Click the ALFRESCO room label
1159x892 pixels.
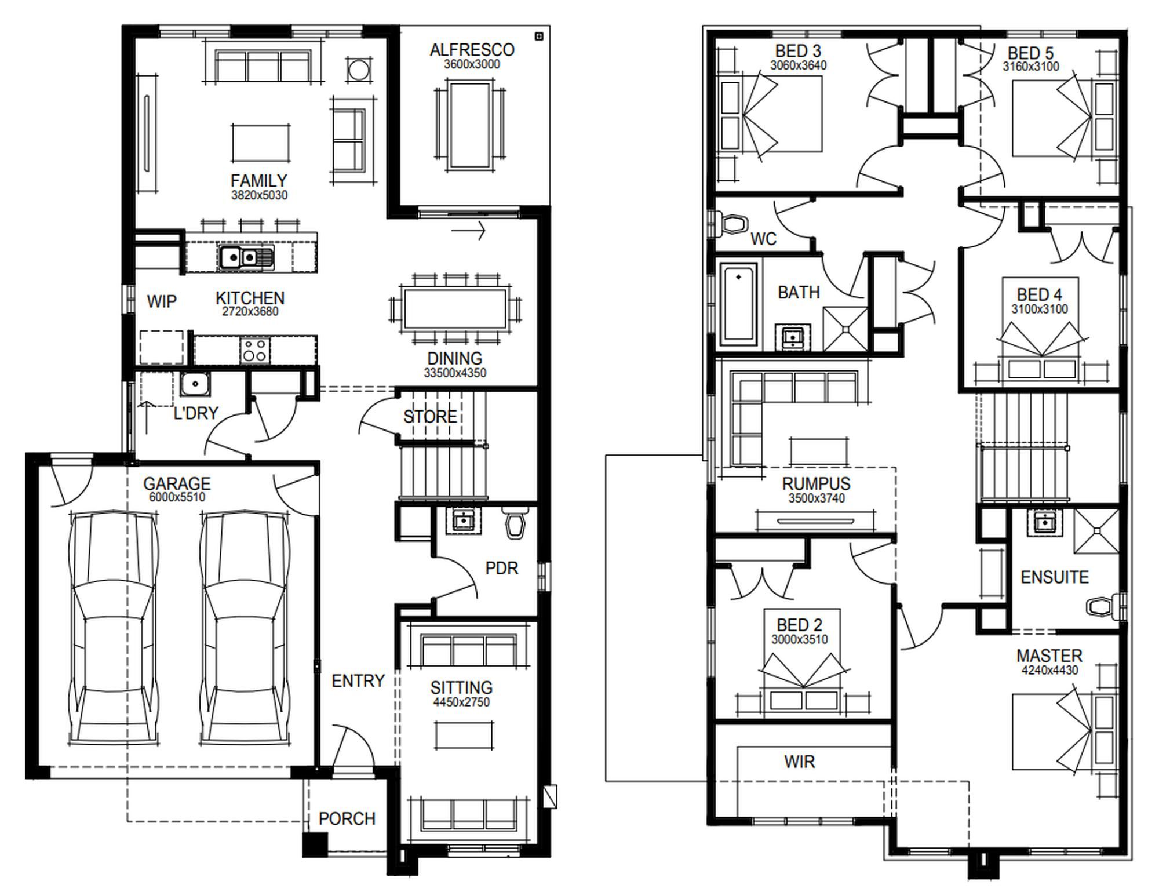[x=472, y=50]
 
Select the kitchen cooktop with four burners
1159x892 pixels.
[x=255, y=350]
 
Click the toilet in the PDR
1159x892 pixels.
[x=515, y=523]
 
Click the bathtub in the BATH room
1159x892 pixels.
[x=739, y=304]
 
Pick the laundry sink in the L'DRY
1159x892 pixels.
[x=195, y=384]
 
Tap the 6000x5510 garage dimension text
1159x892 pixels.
[x=177, y=497]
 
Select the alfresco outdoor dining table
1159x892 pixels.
[x=471, y=125]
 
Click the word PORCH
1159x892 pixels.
[x=347, y=818]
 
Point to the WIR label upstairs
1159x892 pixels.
[x=800, y=762]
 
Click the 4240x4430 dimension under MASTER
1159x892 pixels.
[x=1049, y=671]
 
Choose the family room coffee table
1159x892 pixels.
[x=261, y=142]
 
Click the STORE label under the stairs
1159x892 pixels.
[x=430, y=416]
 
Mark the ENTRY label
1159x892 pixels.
[x=358, y=680]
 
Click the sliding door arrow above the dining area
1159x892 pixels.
[x=468, y=231]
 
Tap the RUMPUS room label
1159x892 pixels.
[x=816, y=483]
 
